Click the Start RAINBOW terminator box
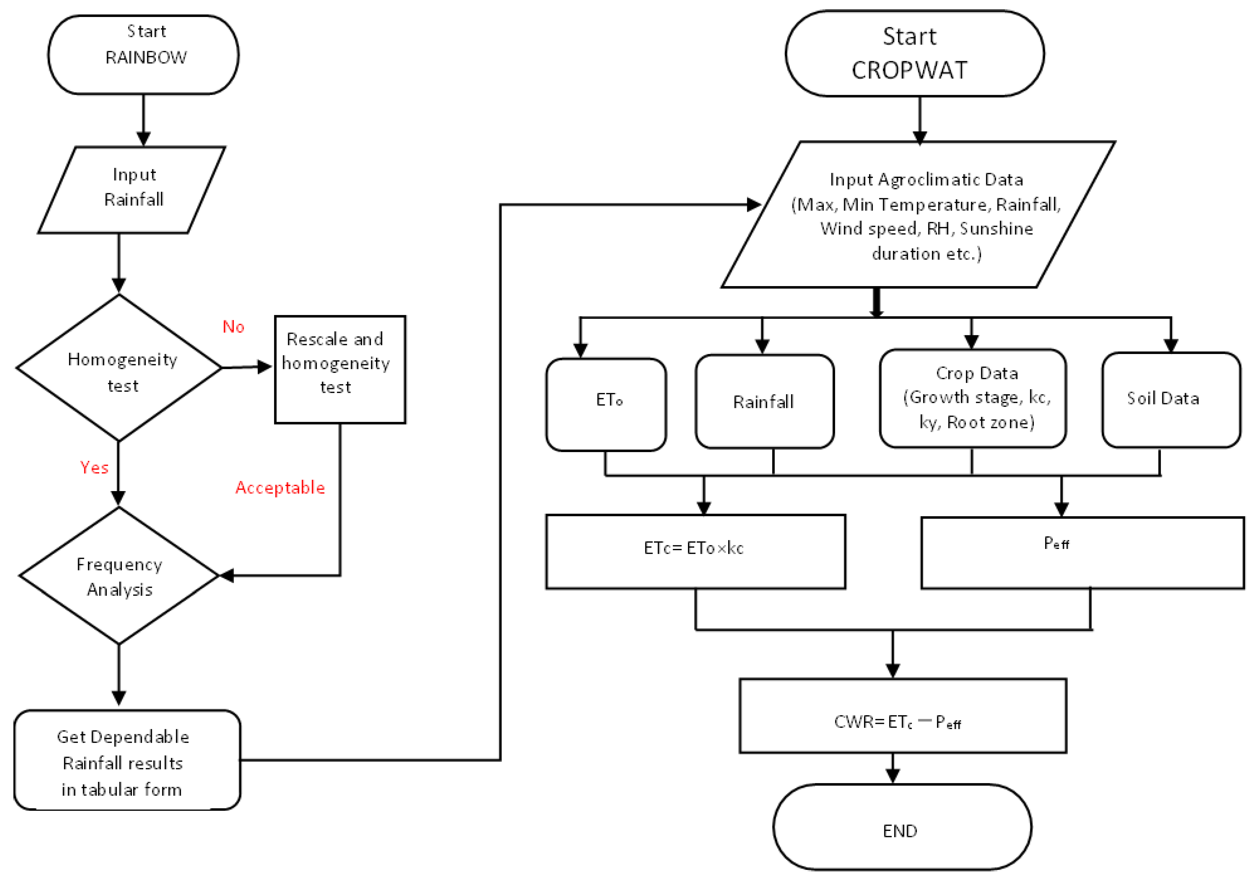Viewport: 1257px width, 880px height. coord(143,55)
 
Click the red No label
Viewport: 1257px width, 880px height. coord(233,327)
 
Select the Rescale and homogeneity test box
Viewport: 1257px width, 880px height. coord(340,369)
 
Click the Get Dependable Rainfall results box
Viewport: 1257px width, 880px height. coord(127,760)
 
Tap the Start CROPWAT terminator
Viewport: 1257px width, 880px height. coord(914,54)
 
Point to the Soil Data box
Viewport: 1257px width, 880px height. coord(1171,400)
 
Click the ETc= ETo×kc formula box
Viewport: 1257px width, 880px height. coord(695,551)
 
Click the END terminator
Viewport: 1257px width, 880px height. coord(902,827)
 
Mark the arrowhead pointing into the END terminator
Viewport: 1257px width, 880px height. coord(893,775)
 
